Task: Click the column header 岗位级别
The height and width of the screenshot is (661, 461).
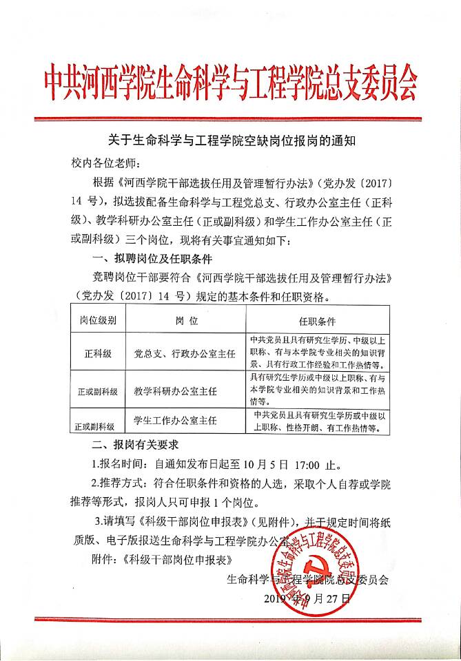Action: point(99,320)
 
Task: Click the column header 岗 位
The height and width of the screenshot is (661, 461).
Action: point(185,320)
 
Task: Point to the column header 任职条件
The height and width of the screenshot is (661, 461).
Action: point(316,320)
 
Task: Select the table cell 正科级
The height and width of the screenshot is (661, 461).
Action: point(99,353)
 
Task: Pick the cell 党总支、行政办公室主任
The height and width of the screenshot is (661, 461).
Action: point(185,353)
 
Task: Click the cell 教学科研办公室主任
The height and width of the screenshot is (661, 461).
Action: point(175,390)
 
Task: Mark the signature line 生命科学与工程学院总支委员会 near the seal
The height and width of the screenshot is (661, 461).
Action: point(307,579)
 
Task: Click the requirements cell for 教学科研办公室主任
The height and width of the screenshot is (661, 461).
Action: point(316,390)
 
